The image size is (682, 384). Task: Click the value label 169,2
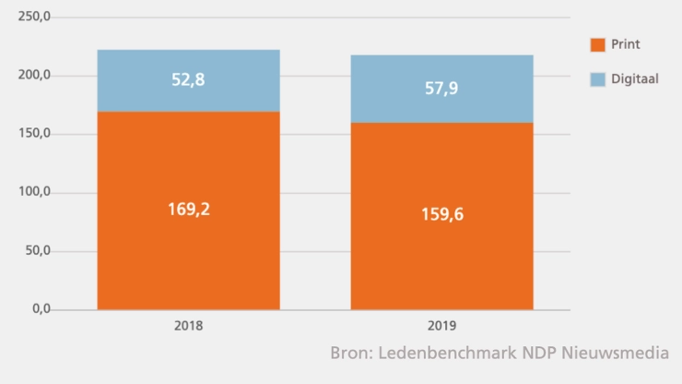pyautogui.click(x=190, y=209)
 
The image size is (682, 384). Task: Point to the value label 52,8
pyautogui.click(x=188, y=79)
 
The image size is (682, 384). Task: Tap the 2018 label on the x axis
pyautogui.click(x=188, y=326)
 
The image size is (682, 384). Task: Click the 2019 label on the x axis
pyautogui.click(x=441, y=326)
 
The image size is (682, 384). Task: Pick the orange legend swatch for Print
pyautogui.click(x=597, y=44)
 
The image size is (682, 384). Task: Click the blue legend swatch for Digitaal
pyautogui.click(x=597, y=79)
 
